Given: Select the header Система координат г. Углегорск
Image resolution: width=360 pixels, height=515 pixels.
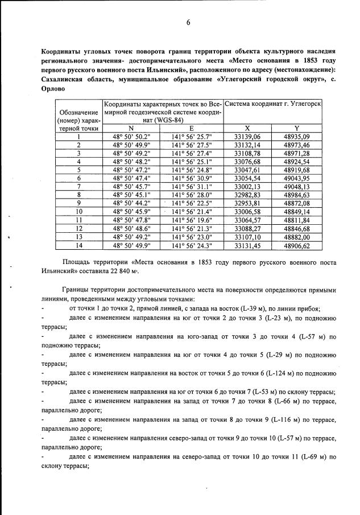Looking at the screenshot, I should point(273,105).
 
